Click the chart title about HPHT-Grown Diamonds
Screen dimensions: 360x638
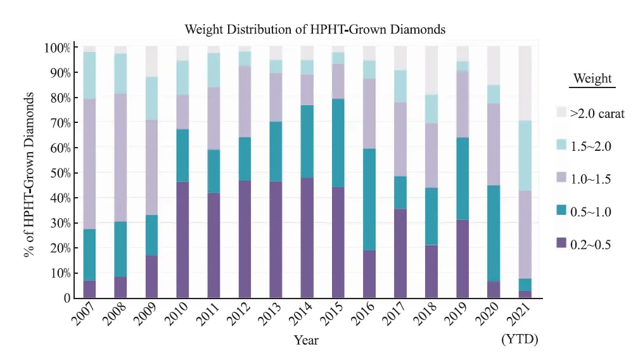[315, 29]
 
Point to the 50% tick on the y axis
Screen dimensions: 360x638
[56, 173]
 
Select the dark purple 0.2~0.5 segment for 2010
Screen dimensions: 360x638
[182, 240]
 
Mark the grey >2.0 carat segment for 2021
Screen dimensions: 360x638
[525, 83]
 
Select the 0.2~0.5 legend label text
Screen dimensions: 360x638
[590, 245]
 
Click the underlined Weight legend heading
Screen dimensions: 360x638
[592, 79]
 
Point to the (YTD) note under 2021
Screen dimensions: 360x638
[520, 340]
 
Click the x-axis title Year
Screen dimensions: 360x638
[306, 340]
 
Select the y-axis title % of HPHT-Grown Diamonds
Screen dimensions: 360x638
[29, 174]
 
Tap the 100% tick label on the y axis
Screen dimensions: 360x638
[56, 48]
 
